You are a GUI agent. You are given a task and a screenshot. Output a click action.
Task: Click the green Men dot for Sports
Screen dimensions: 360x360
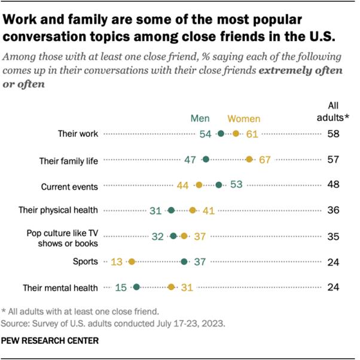[x=184, y=261]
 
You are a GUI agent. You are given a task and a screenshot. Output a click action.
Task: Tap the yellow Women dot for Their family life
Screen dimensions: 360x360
[x=249, y=160]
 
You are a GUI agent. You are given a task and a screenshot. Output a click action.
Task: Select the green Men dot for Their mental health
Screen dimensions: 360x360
[x=136, y=287]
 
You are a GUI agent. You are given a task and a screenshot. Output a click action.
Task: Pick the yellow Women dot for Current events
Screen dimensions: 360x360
[x=199, y=185]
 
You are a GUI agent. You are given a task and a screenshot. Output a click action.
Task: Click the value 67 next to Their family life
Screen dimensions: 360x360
[x=265, y=160]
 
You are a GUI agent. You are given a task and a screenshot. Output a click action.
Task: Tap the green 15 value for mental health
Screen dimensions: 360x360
[x=120, y=287]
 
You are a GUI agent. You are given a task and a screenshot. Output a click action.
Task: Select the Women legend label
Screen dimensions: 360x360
[x=244, y=118]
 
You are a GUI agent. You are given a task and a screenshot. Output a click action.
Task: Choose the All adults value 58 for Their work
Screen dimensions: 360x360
[x=333, y=134]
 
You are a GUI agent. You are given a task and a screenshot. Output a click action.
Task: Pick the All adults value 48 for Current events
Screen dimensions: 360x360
[x=333, y=185]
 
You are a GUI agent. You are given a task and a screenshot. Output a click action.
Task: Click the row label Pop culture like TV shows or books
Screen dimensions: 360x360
[x=62, y=236]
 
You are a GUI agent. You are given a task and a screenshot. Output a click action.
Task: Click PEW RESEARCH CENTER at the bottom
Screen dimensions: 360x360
[x=50, y=340]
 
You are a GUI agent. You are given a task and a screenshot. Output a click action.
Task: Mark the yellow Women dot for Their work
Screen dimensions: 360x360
[x=236, y=134]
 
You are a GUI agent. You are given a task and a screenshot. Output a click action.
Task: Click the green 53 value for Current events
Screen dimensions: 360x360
[x=236, y=185]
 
